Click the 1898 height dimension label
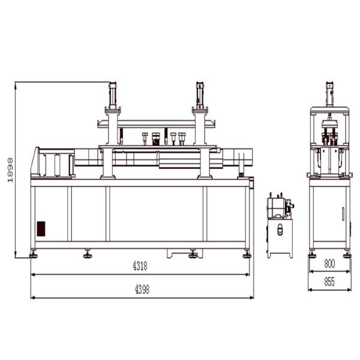[10, 170]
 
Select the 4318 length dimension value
[140, 266]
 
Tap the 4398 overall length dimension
[142, 289]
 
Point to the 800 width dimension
[329, 264]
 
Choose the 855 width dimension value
[329, 282]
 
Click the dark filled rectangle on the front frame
[41, 229]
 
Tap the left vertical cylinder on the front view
[113, 95]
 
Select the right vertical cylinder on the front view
[200, 95]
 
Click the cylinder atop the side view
[329, 94]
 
